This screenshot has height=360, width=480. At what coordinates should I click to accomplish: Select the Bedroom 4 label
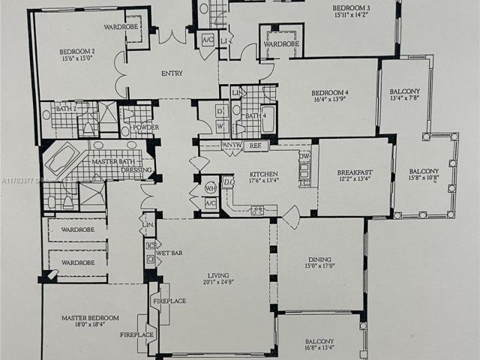tap(331, 94)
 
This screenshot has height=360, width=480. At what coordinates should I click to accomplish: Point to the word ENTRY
tap(172, 73)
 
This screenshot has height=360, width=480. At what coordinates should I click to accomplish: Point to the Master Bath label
tap(113, 161)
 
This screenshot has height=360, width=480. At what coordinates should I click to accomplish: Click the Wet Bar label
tap(169, 253)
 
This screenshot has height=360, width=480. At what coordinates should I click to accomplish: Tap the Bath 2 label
tap(67, 109)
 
